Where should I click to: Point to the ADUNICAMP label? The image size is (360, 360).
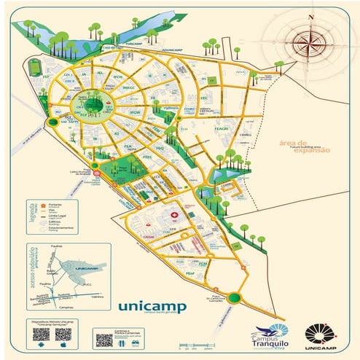(172, 50)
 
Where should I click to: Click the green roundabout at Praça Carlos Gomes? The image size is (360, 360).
(233, 297)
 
